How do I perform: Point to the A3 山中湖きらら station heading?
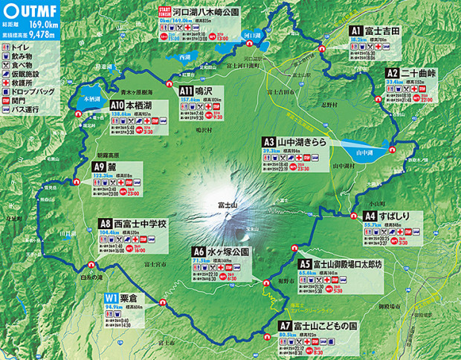[x=294, y=141]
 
